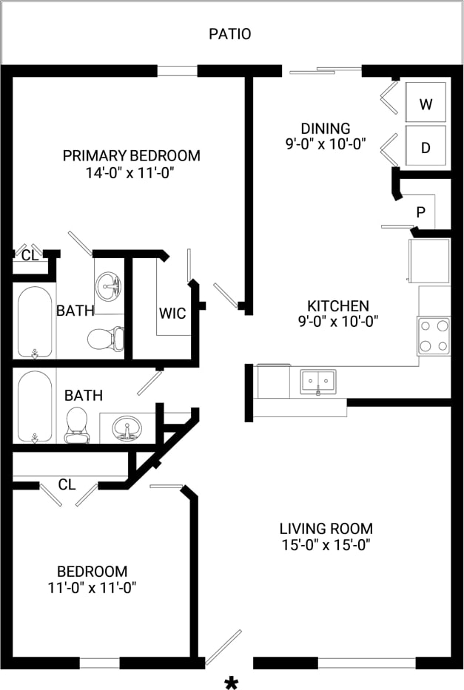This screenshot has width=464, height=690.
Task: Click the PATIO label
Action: click(229, 34)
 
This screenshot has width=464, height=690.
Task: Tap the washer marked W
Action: click(426, 104)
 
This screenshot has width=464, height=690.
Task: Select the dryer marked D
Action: click(426, 147)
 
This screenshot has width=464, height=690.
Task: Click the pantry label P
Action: click(420, 212)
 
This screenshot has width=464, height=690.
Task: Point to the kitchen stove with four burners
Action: click(434, 336)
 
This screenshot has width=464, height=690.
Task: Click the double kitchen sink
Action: click(317, 382)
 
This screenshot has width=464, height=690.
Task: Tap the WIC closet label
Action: click(172, 313)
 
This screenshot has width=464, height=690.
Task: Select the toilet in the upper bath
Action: click(104, 339)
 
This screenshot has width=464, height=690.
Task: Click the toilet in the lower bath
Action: click(76, 425)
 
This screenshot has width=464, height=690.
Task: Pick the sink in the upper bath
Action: click(110, 284)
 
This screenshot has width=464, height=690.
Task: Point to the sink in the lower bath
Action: click(127, 428)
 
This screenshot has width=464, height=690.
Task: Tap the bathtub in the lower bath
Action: click(34, 405)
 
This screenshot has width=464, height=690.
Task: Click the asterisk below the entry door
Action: click(232, 682)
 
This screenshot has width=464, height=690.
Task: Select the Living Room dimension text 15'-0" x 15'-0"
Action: click(326, 546)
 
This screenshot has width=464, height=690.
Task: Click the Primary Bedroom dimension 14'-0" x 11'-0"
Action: click(131, 173)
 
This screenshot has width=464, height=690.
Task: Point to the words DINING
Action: click(326, 129)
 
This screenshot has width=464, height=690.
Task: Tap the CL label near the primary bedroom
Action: click(30, 256)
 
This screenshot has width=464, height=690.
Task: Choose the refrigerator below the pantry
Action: click(429, 260)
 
